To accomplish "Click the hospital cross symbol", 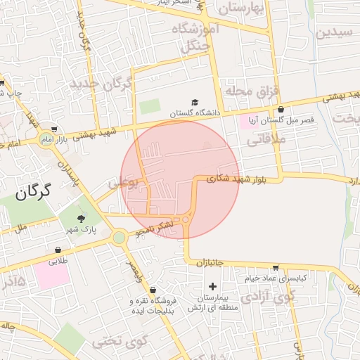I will click(212, 285).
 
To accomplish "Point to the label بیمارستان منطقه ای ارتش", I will click(213, 301).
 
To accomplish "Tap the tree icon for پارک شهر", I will click(80, 218).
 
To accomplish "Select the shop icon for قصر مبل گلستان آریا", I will click(281, 110).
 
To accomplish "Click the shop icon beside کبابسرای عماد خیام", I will click(274, 268).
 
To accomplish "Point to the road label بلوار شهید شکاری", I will click(238, 179).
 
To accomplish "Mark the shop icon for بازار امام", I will click(54, 129).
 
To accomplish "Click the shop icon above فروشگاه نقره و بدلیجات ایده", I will click(153, 288).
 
